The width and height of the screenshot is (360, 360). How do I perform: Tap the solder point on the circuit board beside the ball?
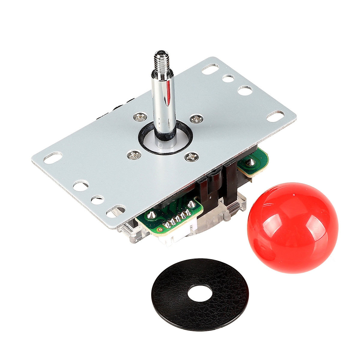250,162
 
